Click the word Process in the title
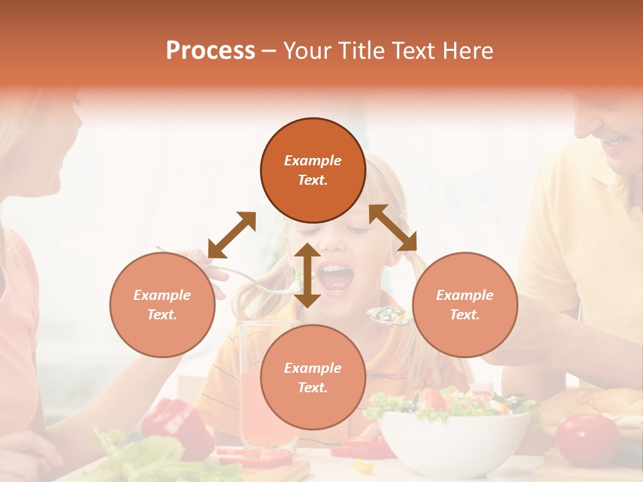coord(210,50)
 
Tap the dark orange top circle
coord(313,170)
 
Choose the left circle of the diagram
coord(162,305)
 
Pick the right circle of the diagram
coord(465,305)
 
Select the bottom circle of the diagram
coord(313,377)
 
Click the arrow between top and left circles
coord(232,235)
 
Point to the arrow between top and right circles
coord(393,228)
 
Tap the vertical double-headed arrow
coord(307,275)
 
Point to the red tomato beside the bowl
coord(588,438)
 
